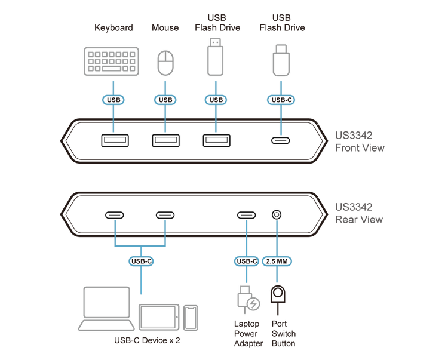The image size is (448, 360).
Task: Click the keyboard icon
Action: (x=112, y=61)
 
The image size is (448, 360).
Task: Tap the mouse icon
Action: (x=165, y=62)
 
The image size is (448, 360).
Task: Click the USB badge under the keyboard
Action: (x=112, y=100)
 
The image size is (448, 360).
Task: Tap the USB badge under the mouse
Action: (x=165, y=100)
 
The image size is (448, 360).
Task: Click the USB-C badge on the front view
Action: (x=281, y=100)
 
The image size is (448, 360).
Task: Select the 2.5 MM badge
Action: (x=277, y=261)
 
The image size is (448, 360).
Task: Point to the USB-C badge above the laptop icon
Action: (x=140, y=261)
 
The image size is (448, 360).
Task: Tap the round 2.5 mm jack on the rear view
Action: (x=277, y=216)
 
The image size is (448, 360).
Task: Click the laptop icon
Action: (x=107, y=309)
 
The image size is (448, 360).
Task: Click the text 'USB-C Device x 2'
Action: (x=146, y=341)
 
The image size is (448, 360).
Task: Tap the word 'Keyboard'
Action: (x=113, y=27)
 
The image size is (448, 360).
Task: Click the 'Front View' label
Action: (x=359, y=148)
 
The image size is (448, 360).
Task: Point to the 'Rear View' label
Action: (x=358, y=219)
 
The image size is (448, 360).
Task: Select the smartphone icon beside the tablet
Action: (x=190, y=316)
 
